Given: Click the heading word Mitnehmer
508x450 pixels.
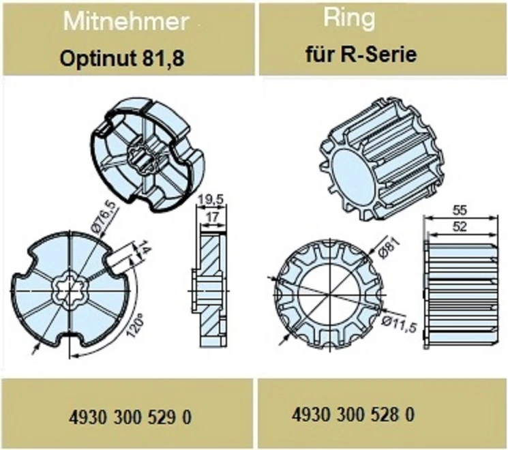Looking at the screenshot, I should click(x=125, y=22).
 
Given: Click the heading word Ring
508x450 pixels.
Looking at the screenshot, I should click(x=349, y=18).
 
